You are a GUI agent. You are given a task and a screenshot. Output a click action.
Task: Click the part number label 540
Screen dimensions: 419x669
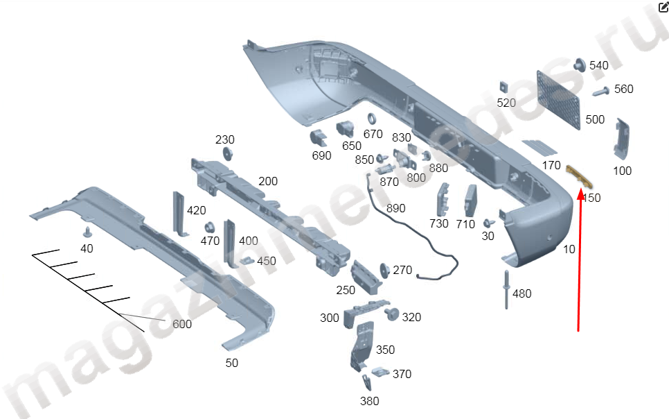pos(598,66)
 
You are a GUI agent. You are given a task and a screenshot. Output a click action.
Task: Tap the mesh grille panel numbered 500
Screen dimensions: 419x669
pos(558,98)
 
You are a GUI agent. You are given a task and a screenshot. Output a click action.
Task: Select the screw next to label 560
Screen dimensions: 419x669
pos(600,91)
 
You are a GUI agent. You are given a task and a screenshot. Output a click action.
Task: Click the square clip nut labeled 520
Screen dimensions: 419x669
pos(504,87)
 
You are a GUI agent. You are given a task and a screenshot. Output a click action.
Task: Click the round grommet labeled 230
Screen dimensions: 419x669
pos(226,154)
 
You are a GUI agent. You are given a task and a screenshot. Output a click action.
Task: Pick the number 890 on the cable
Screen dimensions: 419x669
pos(395,208)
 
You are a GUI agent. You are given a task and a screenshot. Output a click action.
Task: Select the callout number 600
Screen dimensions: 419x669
pos(182,324)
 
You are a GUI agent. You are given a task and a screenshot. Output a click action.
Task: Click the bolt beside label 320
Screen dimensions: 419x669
pos(391,315)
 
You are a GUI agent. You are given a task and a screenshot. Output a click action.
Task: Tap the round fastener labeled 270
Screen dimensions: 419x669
pos(383,270)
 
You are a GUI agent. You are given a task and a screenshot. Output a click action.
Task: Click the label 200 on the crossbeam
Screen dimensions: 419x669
pos(267,182)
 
